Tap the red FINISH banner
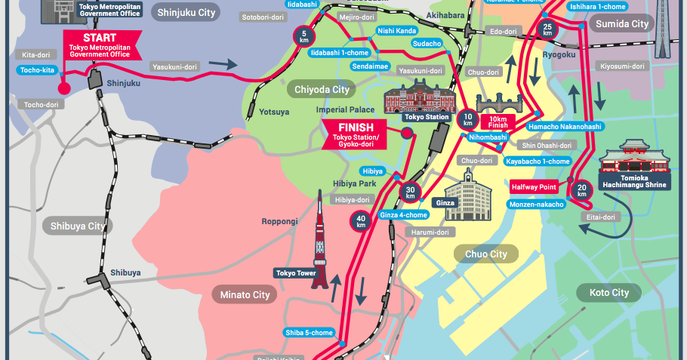point(353,134)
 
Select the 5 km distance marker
point(304,35)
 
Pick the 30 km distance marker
point(410,193)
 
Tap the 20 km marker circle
point(581,189)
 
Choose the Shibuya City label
point(78,226)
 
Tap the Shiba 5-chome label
point(309,333)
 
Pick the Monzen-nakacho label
point(537,205)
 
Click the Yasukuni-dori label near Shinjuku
point(175,66)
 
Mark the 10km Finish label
point(498,122)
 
